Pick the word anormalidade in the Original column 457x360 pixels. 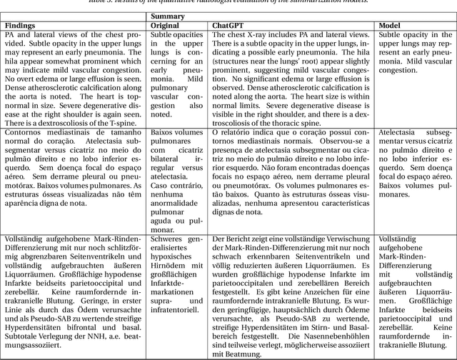(196, 204)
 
